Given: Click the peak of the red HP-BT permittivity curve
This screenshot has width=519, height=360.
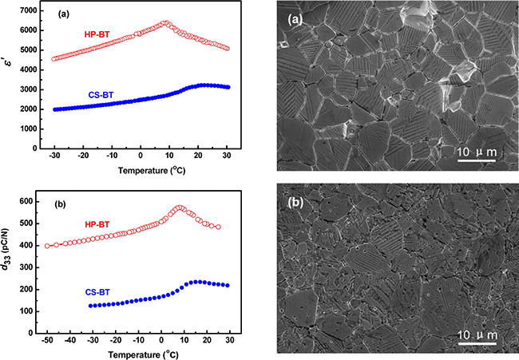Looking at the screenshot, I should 165,23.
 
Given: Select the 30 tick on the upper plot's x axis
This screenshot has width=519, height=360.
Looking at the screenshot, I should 226,156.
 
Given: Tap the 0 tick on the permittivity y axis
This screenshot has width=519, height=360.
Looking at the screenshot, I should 36,148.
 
